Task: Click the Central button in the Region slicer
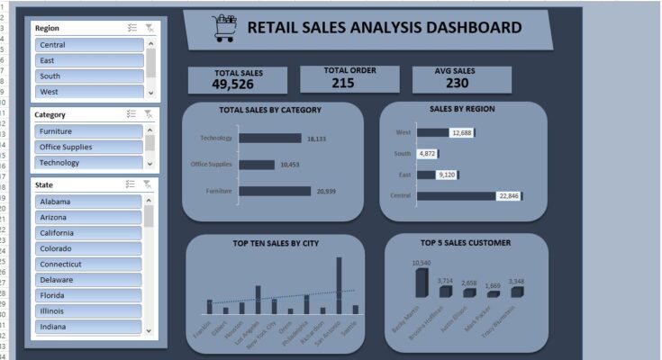point(88,45)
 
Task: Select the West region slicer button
point(88,92)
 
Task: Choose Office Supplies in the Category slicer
point(88,147)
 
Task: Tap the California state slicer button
point(88,233)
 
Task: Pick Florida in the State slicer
point(88,295)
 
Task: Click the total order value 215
point(342,83)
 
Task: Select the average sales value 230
point(457,83)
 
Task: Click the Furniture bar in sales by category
point(275,191)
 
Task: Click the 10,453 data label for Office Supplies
point(290,165)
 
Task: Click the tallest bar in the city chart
point(339,285)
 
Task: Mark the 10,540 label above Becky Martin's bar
point(422,263)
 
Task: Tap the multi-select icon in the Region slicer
point(131,28)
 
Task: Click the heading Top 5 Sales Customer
point(466,243)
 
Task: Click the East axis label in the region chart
point(404,175)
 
